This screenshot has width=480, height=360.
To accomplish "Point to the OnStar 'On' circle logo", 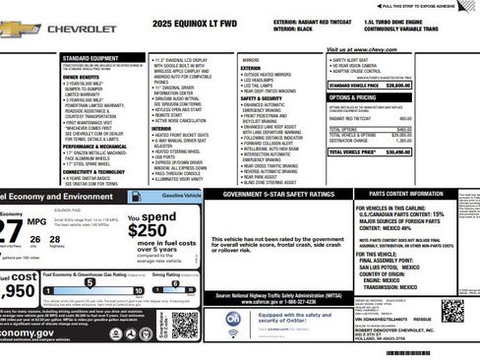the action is (x=234, y=319).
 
